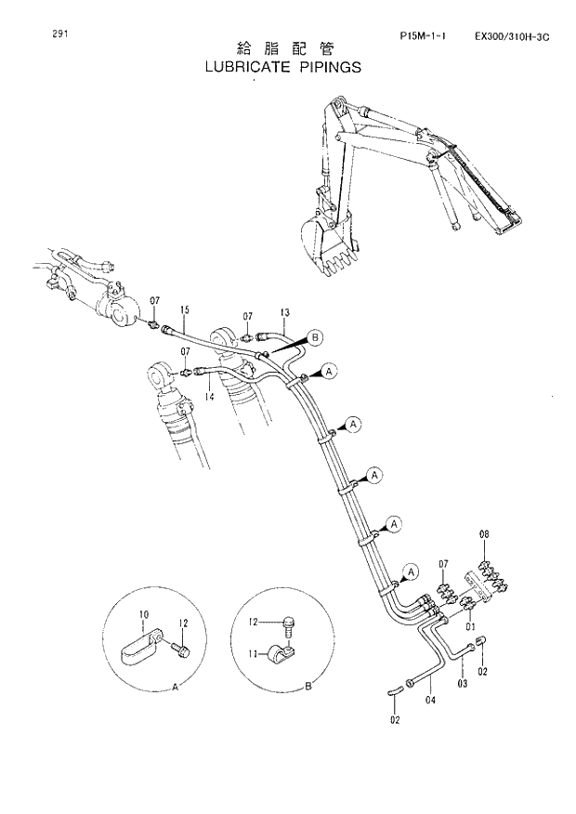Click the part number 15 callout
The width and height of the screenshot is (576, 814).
pos(185,309)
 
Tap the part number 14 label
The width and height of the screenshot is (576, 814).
pos(208,397)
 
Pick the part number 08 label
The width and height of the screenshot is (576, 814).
pos(484,535)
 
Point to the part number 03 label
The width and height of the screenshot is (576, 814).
pos(462,684)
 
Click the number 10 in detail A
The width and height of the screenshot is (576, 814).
pos(144,614)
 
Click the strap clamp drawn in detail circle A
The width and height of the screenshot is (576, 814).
pos(141,647)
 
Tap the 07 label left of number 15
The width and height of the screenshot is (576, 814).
pos(155,300)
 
